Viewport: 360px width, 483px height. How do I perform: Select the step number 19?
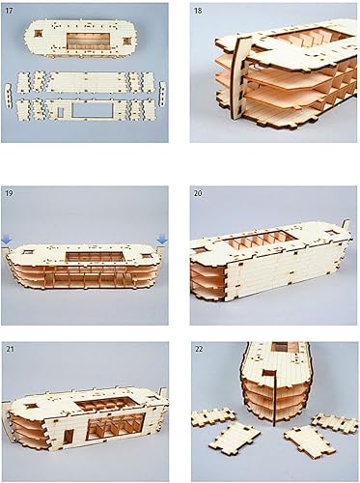(x=11, y=193)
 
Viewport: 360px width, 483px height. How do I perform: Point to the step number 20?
(x=198, y=193)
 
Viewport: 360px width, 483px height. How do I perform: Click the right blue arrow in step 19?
(x=162, y=239)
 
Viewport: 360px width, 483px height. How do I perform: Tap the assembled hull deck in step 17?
(x=87, y=42)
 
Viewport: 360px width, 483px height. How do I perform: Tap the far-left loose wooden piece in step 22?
(x=212, y=418)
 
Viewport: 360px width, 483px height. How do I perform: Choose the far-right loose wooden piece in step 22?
(x=332, y=424)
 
